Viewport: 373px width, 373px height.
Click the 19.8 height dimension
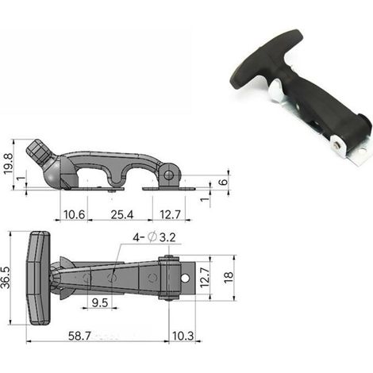point(8,163)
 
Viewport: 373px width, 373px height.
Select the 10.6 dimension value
point(75,214)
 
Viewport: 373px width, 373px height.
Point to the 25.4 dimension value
point(122,214)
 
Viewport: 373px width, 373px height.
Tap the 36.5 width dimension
point(6,277)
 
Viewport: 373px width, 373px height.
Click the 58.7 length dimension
point(79,336)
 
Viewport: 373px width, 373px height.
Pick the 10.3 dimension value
point(183,336)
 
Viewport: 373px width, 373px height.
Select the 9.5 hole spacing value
point(100,303)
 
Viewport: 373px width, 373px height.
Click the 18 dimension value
point(229,278)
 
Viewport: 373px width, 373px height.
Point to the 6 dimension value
point(224,182)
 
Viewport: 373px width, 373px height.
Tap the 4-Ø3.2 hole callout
point(154,237)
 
